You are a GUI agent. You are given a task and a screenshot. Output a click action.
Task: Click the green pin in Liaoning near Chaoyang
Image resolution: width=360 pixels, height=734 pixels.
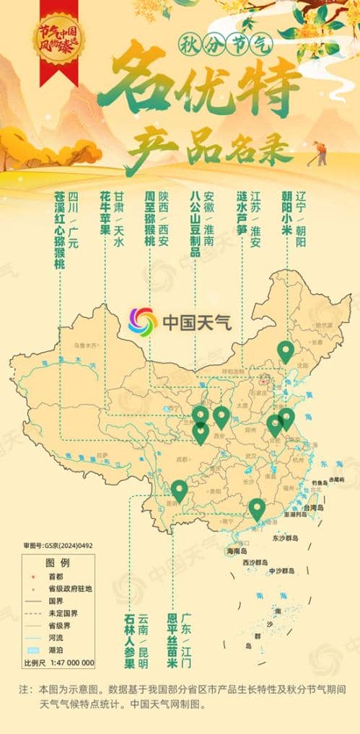click(286, 350)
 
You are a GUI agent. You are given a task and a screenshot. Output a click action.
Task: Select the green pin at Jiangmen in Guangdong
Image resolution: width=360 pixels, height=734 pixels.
click(257, 508)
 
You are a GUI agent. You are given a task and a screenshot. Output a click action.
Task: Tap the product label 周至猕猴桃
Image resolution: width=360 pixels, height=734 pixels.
click(149, 220)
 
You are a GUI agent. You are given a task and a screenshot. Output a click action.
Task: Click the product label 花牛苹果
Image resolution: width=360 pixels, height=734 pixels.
click(105, 216)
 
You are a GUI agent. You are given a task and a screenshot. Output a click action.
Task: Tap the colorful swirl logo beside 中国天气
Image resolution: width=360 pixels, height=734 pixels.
click(143, 321)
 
